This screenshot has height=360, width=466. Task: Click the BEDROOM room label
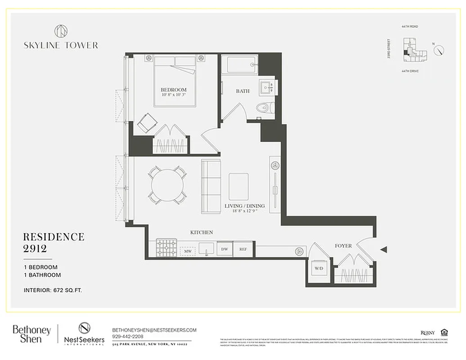coord(174,90)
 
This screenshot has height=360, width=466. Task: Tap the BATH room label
coord(243,91)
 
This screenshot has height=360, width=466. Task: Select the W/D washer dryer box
coord(319,269)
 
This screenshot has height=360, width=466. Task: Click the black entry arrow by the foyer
coord(383,249)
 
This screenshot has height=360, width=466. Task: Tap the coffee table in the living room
coord(238,186)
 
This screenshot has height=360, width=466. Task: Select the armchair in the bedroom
coord(146,122)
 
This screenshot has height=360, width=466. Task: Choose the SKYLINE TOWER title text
coord(61,45)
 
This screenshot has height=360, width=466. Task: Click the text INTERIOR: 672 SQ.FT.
coord(53,290)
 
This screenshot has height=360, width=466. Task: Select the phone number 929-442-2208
coord(129,336)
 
